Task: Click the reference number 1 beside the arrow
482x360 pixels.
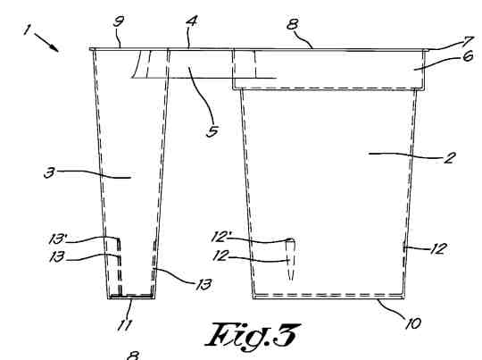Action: click(27, 29)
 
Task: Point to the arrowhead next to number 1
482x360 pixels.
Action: click(54, 48)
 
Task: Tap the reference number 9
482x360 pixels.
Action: click(119, 21)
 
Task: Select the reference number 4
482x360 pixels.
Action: click(192, 21)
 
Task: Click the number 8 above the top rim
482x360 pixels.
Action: click(293, 24)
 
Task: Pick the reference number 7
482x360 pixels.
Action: click(470, 40)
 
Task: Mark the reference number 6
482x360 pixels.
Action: click(468, 56)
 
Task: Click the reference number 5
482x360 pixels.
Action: click(212, 131)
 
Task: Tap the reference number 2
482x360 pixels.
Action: click(449, 158)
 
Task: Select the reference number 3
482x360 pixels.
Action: click(49, 172)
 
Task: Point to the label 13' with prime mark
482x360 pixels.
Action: click(57, 239)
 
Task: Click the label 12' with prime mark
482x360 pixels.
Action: click(221, 237)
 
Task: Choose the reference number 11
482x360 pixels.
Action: click(124, 325)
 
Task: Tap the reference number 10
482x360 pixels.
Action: click(413, 323)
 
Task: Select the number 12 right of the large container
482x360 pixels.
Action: click(438, 248)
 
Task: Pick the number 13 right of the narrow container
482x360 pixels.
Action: click(204, 285)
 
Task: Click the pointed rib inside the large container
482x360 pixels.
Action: click(291, 260)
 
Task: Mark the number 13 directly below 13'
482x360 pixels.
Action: click(57, 256)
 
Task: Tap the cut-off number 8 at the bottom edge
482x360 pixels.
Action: click(133, 356)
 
